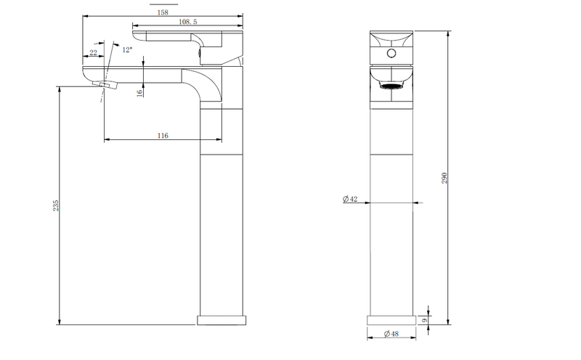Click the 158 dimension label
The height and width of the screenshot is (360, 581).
coord(163,12)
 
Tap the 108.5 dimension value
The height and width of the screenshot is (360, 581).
coord(188,22)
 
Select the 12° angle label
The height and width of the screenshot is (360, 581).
coord(127,49)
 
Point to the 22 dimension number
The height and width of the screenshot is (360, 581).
coord(94,52)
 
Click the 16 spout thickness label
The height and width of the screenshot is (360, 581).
coord(139,93)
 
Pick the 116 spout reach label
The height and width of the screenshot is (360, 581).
coord(163,136)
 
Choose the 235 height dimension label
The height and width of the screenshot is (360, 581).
coord(56,205)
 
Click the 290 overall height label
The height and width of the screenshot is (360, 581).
coord(444,178)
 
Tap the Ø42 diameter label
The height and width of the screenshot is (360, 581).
coord(350,200)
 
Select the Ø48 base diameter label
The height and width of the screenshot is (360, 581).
coord(391,334)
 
